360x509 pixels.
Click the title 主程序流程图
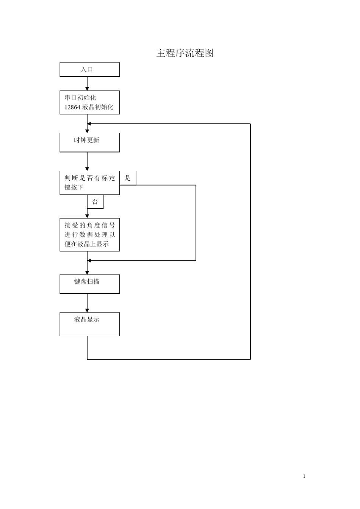pyautogui.click(x=185, y=53)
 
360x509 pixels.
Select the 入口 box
pyautogui.click(x=90, y=70)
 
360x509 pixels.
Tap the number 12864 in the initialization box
pyautogui.click(x=72, y=107)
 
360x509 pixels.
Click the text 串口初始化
pyautogui.click(x=80, y=98)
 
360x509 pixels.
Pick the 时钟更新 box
pyautogui.click(x=90, y=142)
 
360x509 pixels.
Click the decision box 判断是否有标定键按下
pyautogui.click(x=90, y=183)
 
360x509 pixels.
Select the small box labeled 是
pyautogui.click(x=128, y=178)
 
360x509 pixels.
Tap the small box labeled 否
pyautogui.click(x=95, y=202)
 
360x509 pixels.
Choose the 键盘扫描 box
pyautogui.click(x=90, y=284)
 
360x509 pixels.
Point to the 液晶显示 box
pyautogui.click(x=90, y=324)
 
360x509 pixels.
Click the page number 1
pyautogui.click(x=304, y=476)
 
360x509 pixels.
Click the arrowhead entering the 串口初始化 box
pyautogui.click(x=87, y=89)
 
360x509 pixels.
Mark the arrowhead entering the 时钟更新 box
pyautogui.click(x=87, y=131)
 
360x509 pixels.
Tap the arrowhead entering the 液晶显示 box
pyautogui.click(x=87, y=311)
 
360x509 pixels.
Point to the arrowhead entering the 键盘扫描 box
pyautogui.click(x=87, y=273)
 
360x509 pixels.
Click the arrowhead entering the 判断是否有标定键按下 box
pyautogui.click(x=87, y=169)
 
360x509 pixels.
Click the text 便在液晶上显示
pyautogui.click(x=87, y=244)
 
